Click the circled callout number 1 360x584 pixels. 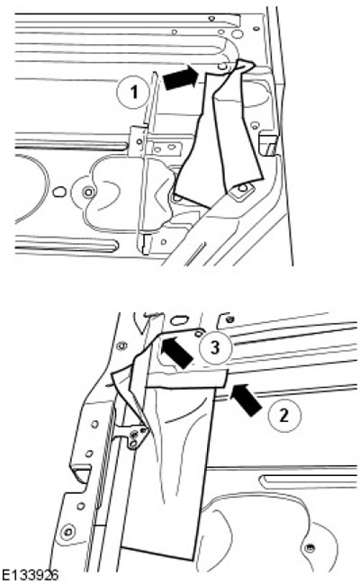(x=133, y=91)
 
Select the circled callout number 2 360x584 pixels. (x=284, y=414)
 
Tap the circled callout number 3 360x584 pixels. (x=215, y=348)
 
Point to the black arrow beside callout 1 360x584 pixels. (x=180, y=77)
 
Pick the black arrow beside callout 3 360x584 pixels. (x=176, y=352)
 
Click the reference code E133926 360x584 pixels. (x=30, y=575)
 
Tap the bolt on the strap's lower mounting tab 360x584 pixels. (x=243, y=188)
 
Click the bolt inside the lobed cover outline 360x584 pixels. (x=88, y=193)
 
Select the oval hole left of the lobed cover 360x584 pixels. (x=58, y=193)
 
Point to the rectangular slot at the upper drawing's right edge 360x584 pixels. (x=269, y=143)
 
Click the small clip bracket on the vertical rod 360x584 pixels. (x=139, y=140)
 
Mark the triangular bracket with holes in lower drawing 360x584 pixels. (x=134, y=436)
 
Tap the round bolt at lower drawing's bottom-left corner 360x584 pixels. (x=67, y=532)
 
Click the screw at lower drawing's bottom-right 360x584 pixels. (x=308, y=547)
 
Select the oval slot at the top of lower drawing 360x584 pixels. (x=180, y=320)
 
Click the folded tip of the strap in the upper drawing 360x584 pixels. (x=245, y=64)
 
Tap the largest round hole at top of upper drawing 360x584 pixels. (x=236, y=34)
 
